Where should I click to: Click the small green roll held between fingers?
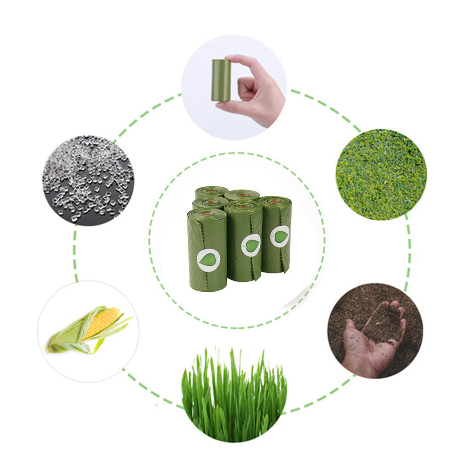coord(221,80)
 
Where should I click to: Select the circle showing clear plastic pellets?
coord(88,180)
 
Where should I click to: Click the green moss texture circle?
coord(381,174)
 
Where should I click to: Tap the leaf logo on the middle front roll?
coord(251,245)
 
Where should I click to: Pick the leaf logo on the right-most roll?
coord(280,236)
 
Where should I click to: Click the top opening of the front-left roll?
coord(207,214)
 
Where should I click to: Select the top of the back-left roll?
coord(211,191)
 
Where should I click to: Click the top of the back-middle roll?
coord(242,194)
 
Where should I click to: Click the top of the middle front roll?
coord(243,206)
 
